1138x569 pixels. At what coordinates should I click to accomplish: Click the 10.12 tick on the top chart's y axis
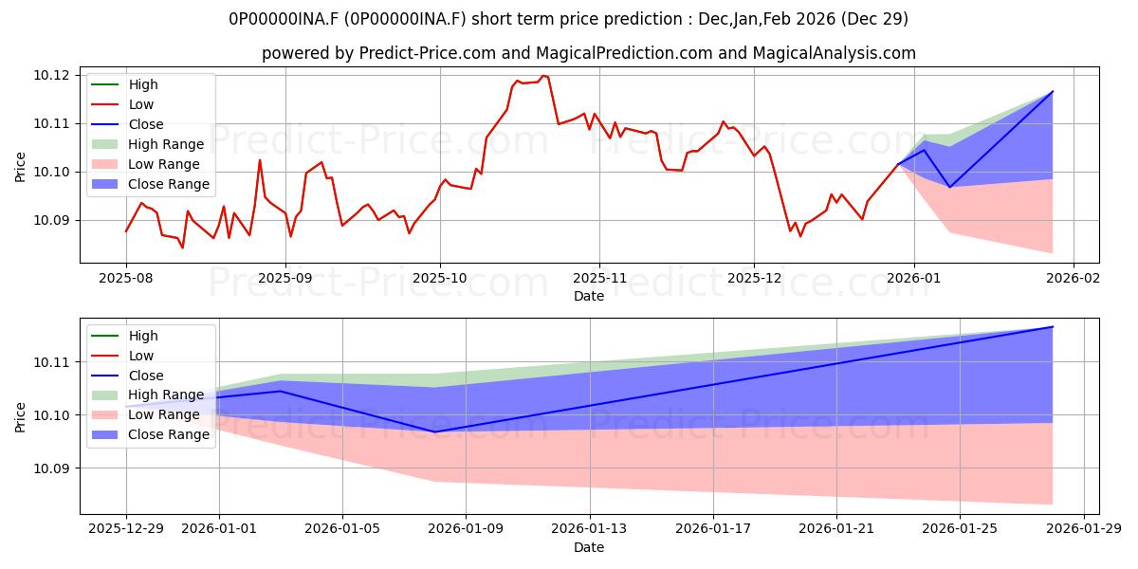pyautogui.click(x=52, y=75)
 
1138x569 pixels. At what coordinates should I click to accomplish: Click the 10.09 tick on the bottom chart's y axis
pyautogui.click(x=52, y=468)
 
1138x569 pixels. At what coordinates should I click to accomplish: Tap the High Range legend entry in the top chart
pyautogui.click(x=166, y=144)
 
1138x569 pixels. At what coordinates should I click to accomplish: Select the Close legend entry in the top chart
pyautogui.click(x=146, y=124)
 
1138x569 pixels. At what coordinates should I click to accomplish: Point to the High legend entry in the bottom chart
pyautogui.click(x=143, y=336)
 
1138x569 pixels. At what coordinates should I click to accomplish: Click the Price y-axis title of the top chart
pyautogui.click(x=21, y=166)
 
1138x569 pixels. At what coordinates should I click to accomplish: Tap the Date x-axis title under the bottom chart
pyautogui.click(x=589, y=547)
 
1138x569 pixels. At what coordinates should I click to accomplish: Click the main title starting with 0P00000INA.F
pyautogui.click(x=569, y=19)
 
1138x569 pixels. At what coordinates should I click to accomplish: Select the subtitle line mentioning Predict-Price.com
pyautogui.click(x=588, y=53)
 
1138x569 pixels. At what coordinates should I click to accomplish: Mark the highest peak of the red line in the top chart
pyautogui.click(x=544, y=76)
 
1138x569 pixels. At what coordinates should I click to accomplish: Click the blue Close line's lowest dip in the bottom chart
pyautogui.click(x=435, y=431)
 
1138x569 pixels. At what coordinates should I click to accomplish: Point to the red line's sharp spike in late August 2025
pyautogui.click(x=260, y=159)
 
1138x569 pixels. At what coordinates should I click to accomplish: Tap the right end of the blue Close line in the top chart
pyautogui.click(x=1053, y=92)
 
